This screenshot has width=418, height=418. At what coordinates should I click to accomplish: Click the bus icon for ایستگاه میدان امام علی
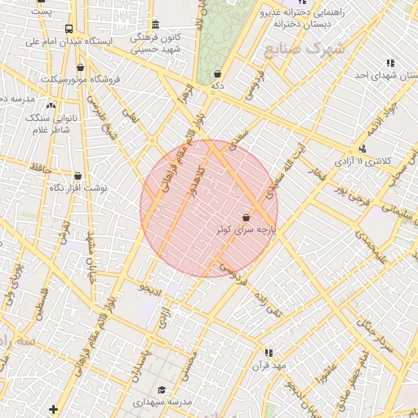[x=68, y=29]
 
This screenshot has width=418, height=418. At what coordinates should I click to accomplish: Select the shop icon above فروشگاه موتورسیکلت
[x=80, y=68]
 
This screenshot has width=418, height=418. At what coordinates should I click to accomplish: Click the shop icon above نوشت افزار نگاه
[x=78, y=176]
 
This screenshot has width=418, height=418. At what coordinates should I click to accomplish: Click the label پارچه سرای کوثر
[x=247, y=230]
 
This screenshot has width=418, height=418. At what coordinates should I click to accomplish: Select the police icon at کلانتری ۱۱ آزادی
[x=362, y=149]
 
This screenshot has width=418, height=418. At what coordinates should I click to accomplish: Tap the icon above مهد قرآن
[x=268, y=353]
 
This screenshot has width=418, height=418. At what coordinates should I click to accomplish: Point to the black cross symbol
[x=54, y=408]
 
